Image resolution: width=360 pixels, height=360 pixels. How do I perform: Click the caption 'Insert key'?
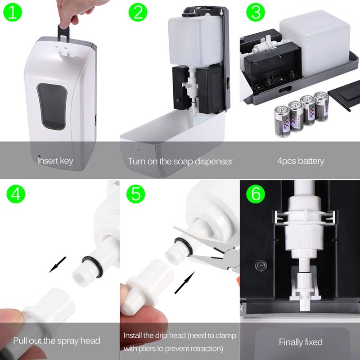[55, 161]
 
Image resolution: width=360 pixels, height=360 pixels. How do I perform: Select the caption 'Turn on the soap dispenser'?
[180, 161]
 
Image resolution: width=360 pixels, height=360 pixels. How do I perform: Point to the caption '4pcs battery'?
[301, 161]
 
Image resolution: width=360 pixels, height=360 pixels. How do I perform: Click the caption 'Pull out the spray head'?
[57, 341]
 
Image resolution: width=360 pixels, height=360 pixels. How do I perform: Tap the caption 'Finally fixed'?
[301, 342]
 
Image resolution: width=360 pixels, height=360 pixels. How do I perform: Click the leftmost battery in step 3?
[282, 121]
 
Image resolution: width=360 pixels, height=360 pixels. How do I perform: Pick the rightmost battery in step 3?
[321, 106]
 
